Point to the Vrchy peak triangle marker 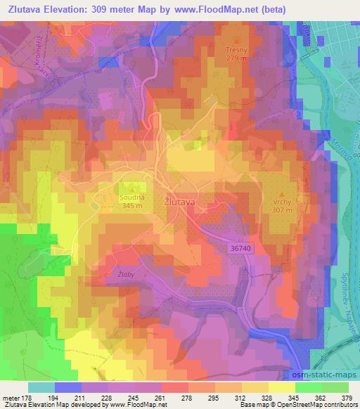coord(283,192)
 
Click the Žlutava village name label coord(179,200)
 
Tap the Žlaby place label coord(126,269)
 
